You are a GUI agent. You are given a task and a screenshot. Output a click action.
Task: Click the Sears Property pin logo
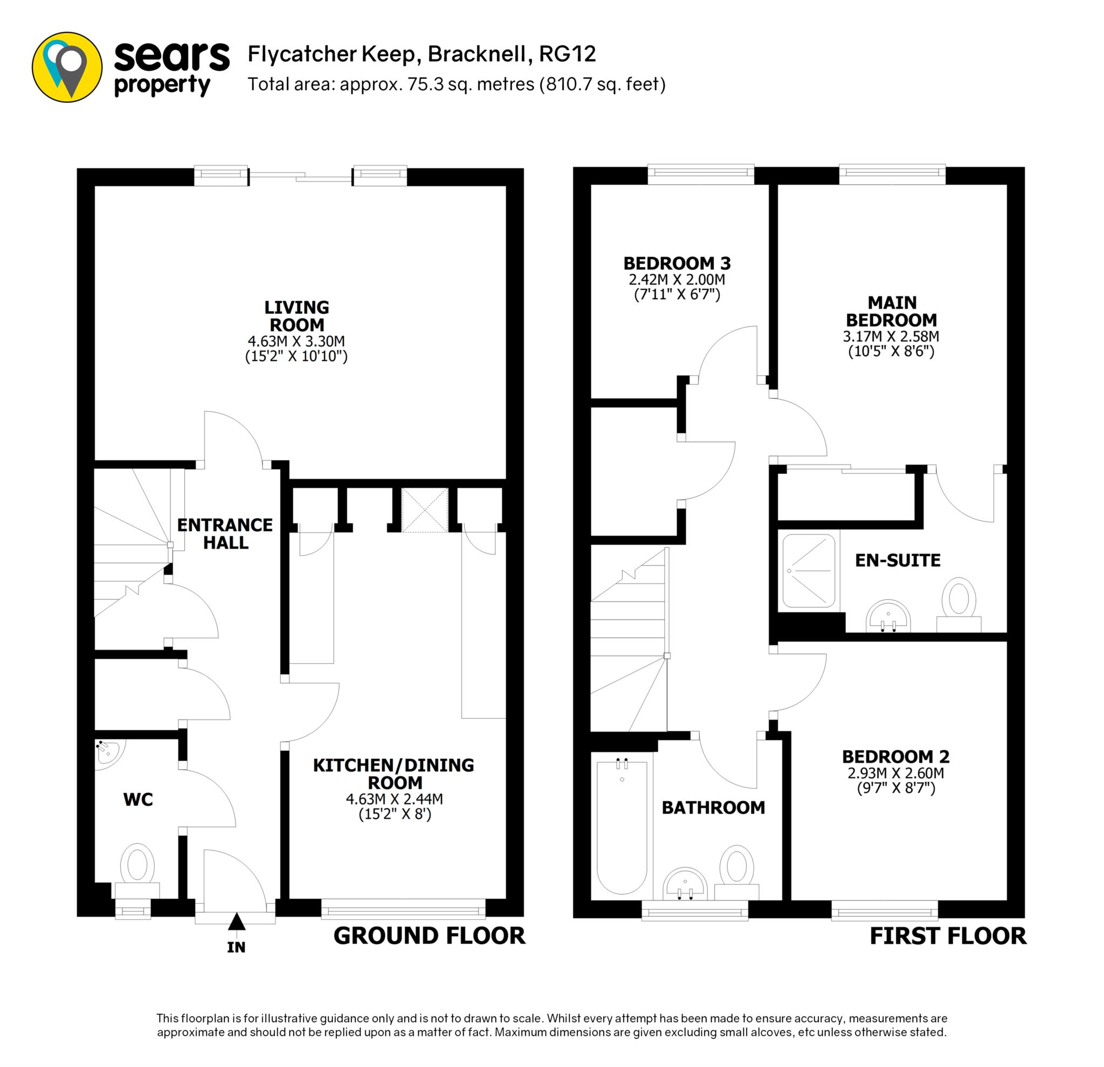tap(67, 67)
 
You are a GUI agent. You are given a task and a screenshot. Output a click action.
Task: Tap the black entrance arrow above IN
tap(237, 922)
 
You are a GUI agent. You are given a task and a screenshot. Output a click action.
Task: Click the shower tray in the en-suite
tap(808, 571)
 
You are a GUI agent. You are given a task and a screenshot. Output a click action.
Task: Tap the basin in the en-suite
tap(888, 615)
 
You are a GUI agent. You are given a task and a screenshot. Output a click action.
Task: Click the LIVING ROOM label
tap(297, 316)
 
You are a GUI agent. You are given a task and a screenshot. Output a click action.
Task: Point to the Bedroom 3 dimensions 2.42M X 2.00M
tap(677, 280)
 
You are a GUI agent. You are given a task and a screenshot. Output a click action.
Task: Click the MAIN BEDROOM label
tap(891, 311)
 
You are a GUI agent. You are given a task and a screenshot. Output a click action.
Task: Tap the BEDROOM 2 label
tap(895, 756)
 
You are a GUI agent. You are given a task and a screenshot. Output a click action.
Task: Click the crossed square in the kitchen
tap(425, 510)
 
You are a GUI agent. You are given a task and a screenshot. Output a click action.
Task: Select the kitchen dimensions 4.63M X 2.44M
tap(394, 799)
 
